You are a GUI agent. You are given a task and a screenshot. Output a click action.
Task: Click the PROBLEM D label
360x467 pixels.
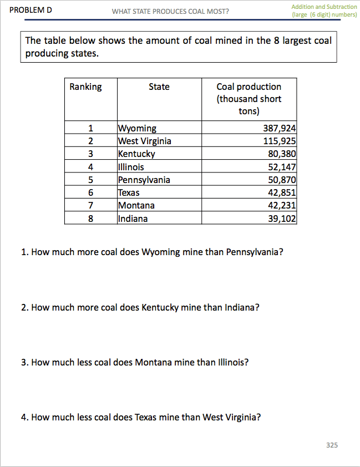tap(31, 10)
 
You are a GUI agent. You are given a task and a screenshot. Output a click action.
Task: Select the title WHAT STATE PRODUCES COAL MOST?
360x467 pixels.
tap(170, 12)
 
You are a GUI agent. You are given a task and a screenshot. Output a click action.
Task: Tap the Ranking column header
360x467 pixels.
tap(85, 87)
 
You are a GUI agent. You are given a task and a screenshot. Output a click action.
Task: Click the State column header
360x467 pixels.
tap(159, 87)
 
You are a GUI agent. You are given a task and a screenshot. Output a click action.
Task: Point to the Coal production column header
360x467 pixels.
tap(249, 99)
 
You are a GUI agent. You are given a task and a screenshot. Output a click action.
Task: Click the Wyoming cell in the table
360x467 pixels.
tap(138, 129)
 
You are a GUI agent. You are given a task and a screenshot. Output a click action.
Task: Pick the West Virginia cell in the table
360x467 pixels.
tap(145, 141)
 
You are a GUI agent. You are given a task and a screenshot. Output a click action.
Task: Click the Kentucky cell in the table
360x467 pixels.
tap(136, 154)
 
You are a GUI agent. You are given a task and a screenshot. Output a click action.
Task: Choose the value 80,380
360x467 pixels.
tap(282, 154)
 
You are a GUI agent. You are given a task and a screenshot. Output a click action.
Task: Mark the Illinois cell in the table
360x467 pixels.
tap(131, 167)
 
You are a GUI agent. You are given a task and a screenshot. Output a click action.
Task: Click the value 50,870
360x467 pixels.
tap(282, 180)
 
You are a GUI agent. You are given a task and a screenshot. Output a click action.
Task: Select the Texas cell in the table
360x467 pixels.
tap(129, 192)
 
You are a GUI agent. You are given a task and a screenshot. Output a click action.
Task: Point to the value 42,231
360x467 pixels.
tap(282, 205)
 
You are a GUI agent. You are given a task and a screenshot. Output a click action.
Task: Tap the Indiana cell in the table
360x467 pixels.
tap(133, 219)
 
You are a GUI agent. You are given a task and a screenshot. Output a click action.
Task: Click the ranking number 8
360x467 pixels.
tap(90, 219)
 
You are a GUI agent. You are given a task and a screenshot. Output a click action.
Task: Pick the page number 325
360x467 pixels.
tap(332, 445)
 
